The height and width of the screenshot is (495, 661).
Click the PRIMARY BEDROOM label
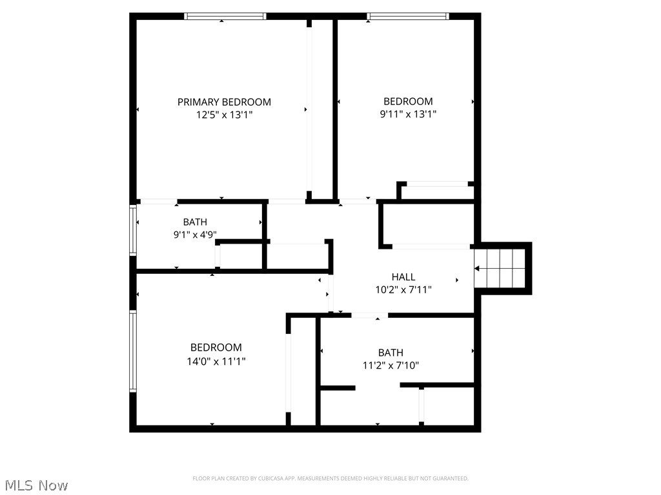click(224, 102)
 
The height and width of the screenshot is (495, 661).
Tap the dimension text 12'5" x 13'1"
click(224, 115)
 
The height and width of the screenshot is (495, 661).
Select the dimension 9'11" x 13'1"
click(408, 114)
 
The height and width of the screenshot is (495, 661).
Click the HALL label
click(403, 277)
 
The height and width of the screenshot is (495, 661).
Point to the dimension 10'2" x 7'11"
click(403, 290)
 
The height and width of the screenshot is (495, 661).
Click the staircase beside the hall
click(502, 268)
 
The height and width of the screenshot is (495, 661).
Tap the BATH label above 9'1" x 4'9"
click(195, 222)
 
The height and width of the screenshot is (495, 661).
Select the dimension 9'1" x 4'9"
click(195, 235)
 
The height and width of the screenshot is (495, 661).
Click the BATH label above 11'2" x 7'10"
click(391, 353)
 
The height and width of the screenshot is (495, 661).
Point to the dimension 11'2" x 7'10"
click(391, 365)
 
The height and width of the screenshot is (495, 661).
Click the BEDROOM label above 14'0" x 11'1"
click(216, 347)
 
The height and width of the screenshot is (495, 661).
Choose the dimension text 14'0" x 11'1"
click(216, 362)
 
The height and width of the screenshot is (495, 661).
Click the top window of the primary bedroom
click(225, 16)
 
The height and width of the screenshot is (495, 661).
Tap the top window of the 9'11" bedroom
click(408, 16)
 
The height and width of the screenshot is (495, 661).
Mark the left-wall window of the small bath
click(133, 230)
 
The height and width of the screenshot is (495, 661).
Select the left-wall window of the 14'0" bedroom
click(133, 351)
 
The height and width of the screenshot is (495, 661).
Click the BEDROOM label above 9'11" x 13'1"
click(408, 101)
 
